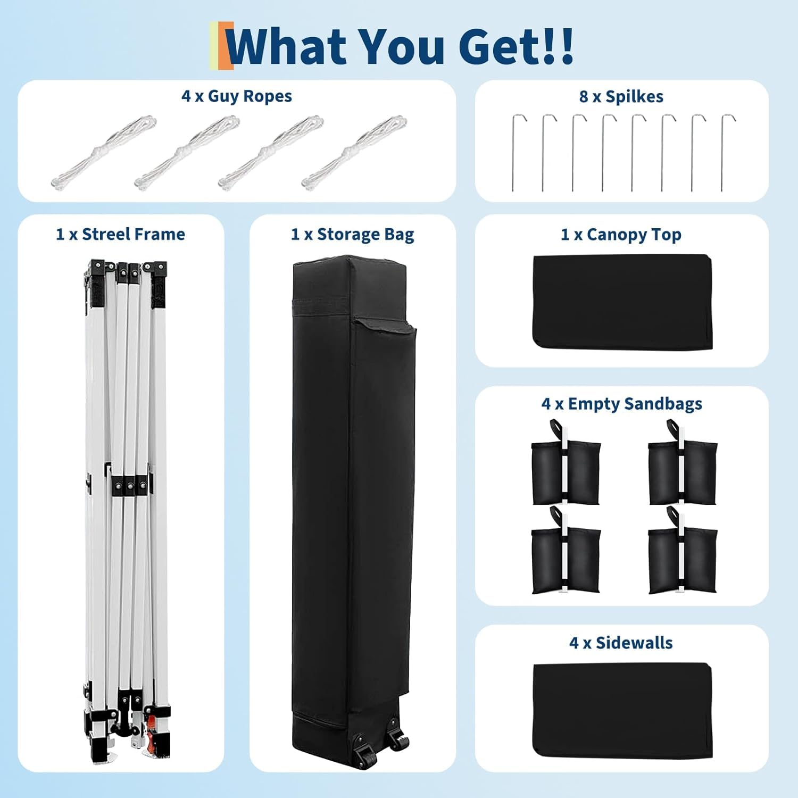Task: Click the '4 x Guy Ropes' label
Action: [x=237, y=96]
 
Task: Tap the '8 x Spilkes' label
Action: [x=621, y=97]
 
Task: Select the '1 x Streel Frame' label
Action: [x=121, y=234]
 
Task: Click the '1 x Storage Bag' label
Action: [x=353, y=235]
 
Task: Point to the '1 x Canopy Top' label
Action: [x=621, y=235]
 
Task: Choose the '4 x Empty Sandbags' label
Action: [x=622, y=404]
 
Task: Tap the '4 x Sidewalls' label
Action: [x=621, y=643]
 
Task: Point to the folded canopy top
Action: [x=622, y=302]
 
